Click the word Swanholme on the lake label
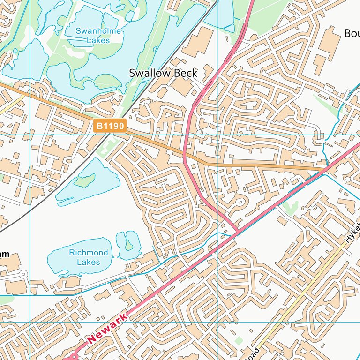tap(98, 31)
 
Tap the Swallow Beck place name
tap(163, 73)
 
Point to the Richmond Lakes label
tap(88, 257)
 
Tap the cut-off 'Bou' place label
tap(352, 33)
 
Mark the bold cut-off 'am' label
tap(4, 254)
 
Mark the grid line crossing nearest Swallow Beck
tap(217, 135)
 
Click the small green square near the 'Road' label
tap(239, 340)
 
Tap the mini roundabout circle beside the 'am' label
tap(23, 274)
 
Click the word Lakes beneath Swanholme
tap(98, 40)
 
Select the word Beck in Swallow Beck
tap(186, 73)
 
